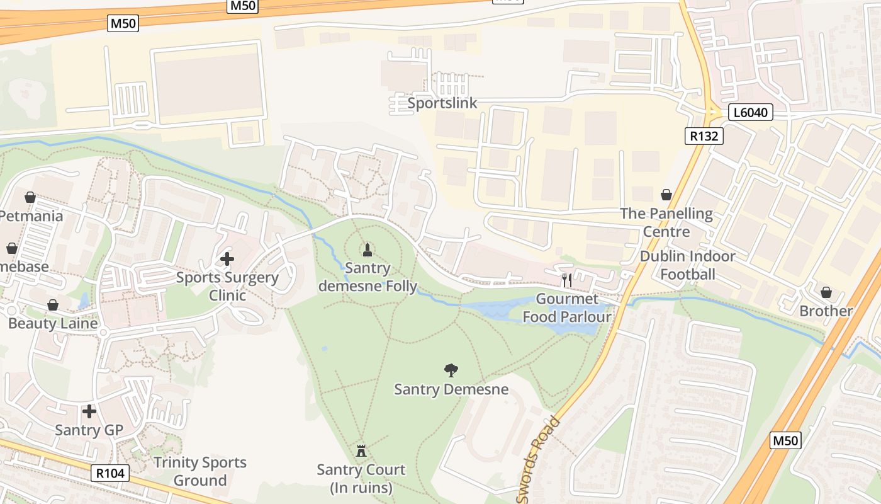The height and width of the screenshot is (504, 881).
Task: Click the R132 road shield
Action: (704, 135)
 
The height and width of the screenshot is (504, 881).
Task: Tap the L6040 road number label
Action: (750, 113)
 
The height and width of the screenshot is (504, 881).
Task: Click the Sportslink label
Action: (442, 103)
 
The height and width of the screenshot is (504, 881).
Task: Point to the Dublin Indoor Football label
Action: (687, 265)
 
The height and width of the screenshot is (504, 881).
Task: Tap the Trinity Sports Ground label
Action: (200, 471)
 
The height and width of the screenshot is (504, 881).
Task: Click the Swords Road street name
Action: (538, 460)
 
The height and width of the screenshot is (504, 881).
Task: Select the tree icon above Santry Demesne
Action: (451, 370)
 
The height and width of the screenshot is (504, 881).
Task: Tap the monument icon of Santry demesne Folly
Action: (368, 249)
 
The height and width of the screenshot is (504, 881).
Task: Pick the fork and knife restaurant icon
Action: (567, 280)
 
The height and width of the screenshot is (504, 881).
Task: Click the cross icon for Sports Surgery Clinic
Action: (227, 258)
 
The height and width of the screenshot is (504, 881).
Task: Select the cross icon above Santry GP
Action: (89, 411)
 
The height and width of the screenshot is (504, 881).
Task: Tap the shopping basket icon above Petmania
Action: (30, 197)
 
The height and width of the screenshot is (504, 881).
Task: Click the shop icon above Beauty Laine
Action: (53, 305)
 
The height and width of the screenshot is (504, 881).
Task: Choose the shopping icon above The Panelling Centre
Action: (666, 195)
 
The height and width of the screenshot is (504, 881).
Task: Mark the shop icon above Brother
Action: (826, 292)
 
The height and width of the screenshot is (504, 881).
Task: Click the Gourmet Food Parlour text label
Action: (567, 307)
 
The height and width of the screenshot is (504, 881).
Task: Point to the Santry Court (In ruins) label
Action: (361, 479)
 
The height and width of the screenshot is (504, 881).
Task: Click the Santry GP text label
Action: (89, 430)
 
